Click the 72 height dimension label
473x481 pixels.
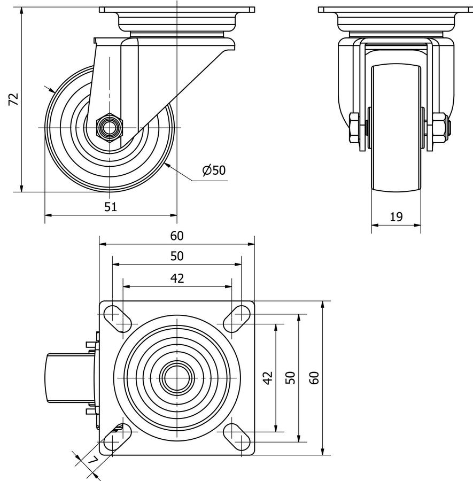(14, 99)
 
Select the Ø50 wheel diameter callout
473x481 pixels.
(214, 170)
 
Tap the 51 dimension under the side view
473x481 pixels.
(111, 207)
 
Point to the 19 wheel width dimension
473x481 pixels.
(396, 216)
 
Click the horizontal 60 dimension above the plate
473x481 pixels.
(177, 236)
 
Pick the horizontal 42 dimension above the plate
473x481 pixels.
(177, 278)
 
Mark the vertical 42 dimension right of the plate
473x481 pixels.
(269, 378)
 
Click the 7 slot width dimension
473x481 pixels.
(92, 460)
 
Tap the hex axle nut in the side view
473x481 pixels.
(109, 128)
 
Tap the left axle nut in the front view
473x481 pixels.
(354, 128)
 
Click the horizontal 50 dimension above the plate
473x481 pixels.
(177, 256)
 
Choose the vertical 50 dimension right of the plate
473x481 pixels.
(290, 378)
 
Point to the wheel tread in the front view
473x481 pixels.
(396, 128)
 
